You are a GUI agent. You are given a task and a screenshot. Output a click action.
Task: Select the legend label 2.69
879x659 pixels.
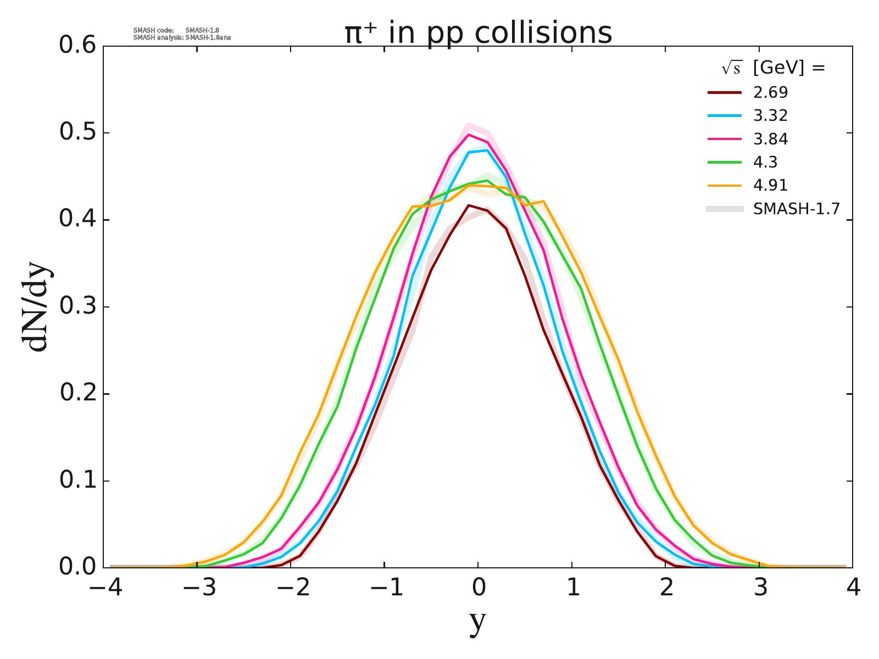point(770,92)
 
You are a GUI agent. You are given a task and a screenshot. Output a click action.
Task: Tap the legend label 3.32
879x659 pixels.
point(770,116)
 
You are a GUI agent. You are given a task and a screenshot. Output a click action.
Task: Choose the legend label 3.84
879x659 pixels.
point(770,139)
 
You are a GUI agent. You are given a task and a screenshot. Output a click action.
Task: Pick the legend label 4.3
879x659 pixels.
point(765,163)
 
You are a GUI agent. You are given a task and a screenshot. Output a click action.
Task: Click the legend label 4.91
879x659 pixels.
point(770,186)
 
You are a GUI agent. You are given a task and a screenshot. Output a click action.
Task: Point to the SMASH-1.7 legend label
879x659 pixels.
point(797,209)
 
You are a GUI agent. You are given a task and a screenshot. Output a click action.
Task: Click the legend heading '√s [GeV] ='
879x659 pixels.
point(774,68)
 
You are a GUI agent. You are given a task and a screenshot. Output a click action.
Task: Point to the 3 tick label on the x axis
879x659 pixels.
point(760,589)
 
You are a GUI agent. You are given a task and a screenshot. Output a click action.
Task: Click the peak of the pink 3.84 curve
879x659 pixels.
point(469,135)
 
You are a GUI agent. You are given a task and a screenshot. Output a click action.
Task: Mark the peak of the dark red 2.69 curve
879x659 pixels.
point(469,205)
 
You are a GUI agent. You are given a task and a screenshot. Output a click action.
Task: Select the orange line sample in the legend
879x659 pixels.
point(725,186)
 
